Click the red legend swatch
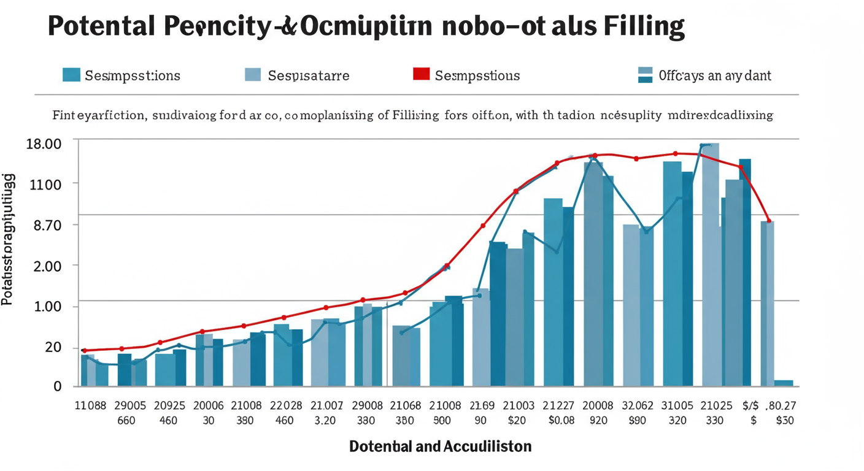(x=421, y=75)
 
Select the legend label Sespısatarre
(x=308, y=75)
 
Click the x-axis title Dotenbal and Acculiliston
(x=440, y=446)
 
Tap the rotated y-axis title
(x=9, y=239)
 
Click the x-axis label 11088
(x=90, y=405)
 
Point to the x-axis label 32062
(x=639, y=405)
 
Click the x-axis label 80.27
(x=783, y=405)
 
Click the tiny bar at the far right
(x=784, y=383)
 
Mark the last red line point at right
(x=769, y=221)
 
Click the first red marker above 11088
(x=84, y=350)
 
